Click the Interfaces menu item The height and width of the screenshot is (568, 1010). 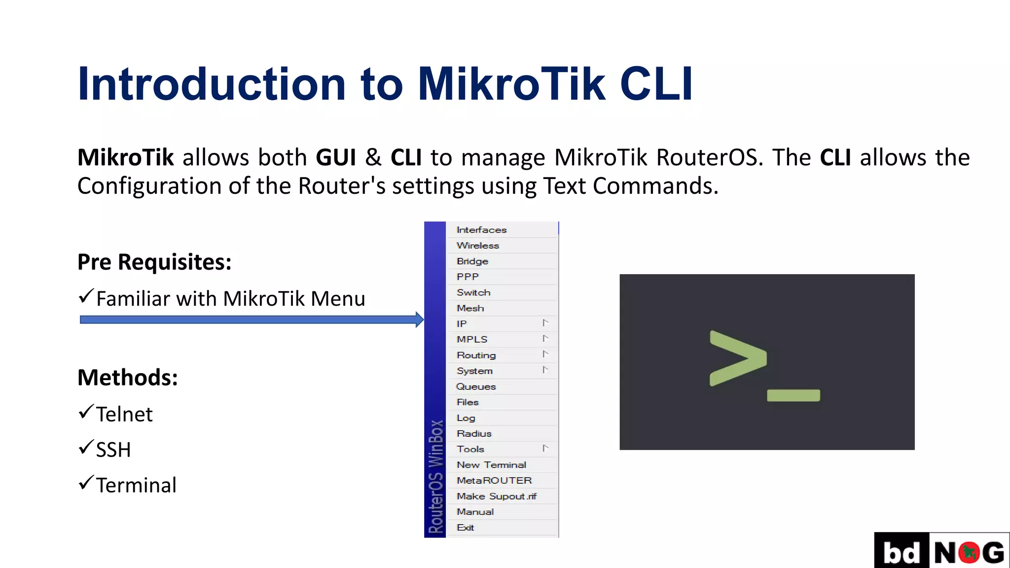481,230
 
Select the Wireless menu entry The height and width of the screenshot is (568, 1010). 477,246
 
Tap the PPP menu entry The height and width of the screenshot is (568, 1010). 468,277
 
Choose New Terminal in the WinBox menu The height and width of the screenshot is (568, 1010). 491,465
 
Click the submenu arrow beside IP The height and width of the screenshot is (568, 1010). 545,323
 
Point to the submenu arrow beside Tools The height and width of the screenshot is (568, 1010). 545,448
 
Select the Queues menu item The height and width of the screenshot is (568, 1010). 476,387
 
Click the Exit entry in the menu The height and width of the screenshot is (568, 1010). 465,528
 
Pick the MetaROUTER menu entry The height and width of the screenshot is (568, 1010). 494,480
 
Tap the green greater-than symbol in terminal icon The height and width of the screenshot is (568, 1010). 738,358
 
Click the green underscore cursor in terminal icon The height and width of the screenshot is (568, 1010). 793,395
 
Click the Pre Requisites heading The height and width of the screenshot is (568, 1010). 154,262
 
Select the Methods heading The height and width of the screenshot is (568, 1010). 128,378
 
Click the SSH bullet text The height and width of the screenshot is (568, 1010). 113,450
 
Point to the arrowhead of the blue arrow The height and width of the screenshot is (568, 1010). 420,319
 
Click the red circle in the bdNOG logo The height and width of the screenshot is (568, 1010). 969,552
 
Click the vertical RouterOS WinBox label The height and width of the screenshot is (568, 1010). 435,476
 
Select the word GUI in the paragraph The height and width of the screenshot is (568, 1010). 336,158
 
